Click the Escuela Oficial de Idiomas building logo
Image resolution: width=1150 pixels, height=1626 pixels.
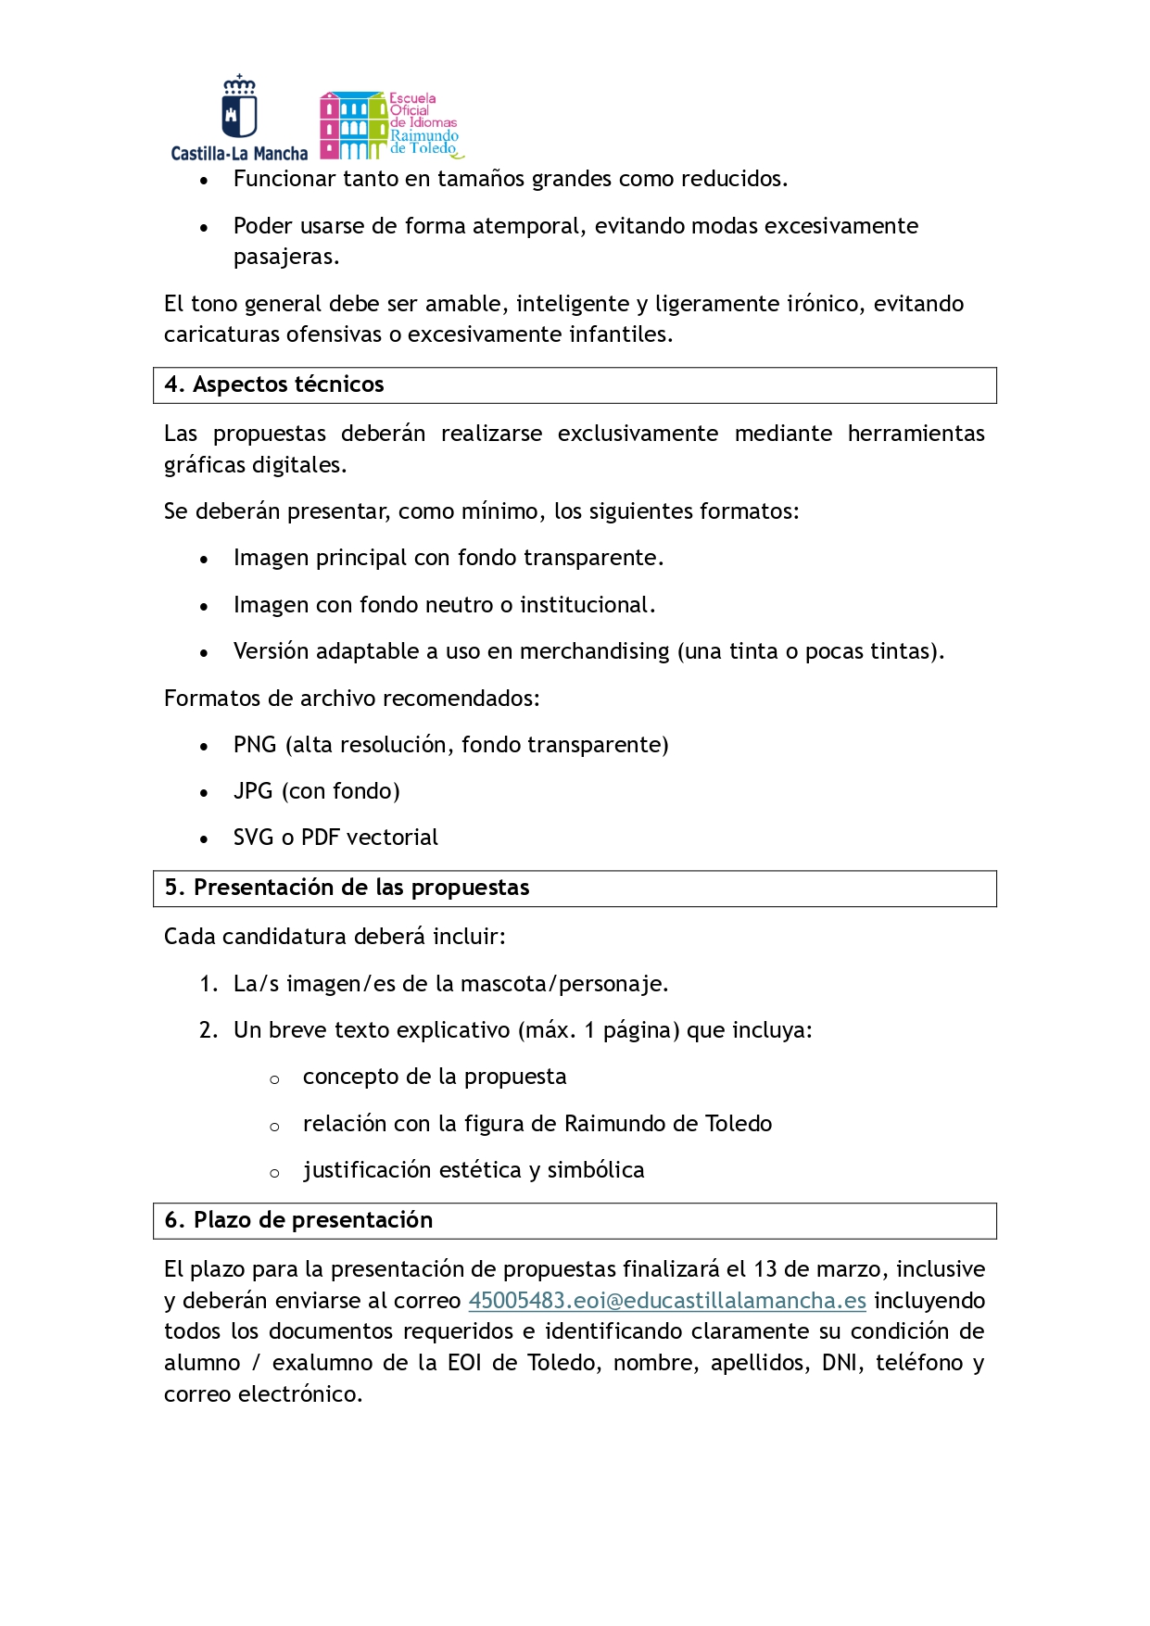tap(391, 125)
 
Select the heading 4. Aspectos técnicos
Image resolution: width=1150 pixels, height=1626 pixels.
tap(274, 384)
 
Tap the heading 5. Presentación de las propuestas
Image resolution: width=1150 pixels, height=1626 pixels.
tap(348, 888)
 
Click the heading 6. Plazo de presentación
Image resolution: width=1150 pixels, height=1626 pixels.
tap(298, 1220)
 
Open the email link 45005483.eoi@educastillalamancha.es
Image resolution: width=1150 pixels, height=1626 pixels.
tap(666, 1301)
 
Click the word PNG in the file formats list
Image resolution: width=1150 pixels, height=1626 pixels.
tap(255, 745)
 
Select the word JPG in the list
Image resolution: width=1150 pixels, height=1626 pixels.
tap(253, 791)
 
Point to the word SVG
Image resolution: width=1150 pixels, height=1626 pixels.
tap(254, 838)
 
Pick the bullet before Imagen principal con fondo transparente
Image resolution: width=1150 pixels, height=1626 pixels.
tap(204, 560)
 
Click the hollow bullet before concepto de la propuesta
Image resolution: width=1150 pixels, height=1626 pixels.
tap(274, 1079)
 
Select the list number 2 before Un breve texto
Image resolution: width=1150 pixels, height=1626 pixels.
tap(208, 1030)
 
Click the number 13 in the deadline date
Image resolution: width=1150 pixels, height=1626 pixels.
tap(765, 1269)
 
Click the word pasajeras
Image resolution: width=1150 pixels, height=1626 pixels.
tap(285, 257)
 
